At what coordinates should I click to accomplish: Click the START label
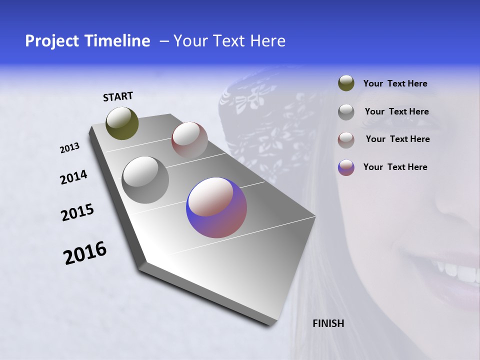coord(118,96)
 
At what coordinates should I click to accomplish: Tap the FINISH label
coord(328,323)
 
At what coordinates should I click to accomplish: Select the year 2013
coord(70,148)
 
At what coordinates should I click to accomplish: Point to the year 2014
coord(73,177)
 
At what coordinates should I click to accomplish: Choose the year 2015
coord(77,212)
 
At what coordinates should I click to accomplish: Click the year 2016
coord(85,252)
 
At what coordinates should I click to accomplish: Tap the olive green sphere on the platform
coord(122,123)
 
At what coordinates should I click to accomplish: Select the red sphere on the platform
coord(189,140)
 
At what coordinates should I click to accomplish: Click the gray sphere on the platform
coord(145,179)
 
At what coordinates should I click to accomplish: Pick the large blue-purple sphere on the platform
coord(216,207)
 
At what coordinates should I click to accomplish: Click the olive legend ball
coord(346,83)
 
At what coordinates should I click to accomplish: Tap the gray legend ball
coord(346,111)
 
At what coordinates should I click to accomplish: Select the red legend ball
coord(346,139)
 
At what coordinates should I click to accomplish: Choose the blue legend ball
coord(346,167)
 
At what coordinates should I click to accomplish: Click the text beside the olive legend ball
coord(395,84)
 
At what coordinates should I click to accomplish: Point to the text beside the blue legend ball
coord(395,167)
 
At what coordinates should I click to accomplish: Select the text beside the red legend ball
coord(397,139)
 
